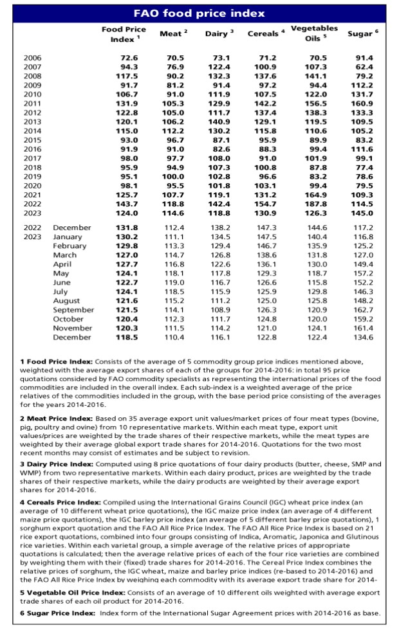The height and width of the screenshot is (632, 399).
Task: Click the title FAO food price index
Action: click(199, 14)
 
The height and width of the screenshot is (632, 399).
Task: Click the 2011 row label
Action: click(32, 103)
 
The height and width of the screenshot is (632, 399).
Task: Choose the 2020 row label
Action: click(32, 185)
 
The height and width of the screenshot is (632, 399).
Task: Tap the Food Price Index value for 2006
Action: click(130, 58)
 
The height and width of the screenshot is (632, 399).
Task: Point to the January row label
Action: click(68, 237)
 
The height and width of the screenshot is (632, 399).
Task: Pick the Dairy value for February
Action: click(221, 246)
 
